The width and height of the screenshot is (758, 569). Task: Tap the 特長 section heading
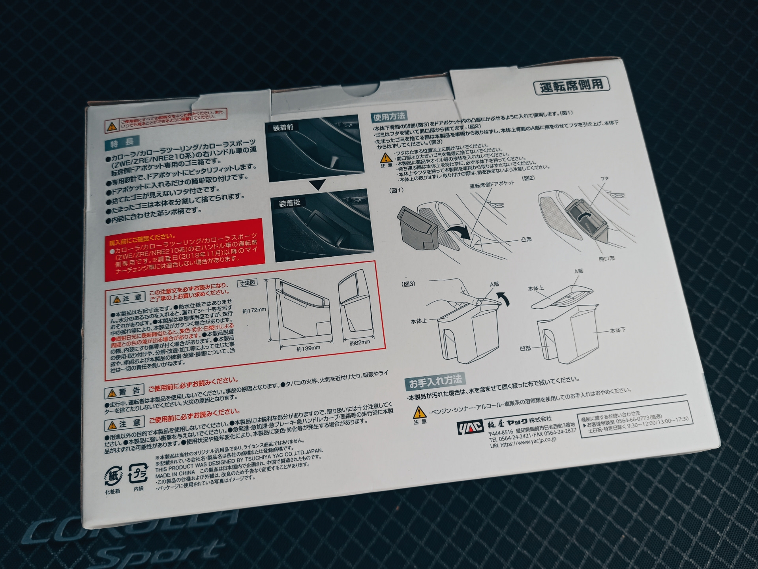pyautogui.click(x=122, y=143)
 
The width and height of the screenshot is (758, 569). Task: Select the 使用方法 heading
pyautogui.click(x=389, y=116)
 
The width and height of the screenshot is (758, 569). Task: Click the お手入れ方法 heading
pyautogui.click(x=435, y=381)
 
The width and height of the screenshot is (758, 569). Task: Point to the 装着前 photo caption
pyautogui.click(x=283, y=128)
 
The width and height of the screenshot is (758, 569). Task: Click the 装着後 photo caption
pyautogui.click(x=289, y=203)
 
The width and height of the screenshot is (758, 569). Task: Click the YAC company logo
pyautogui.click(x=470, y=427)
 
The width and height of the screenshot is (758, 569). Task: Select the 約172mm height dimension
pyautogui.click(x=254, y=310)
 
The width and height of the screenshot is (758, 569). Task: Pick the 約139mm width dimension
pyautogui.click(x=308, y=348)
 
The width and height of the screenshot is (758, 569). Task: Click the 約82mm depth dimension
pyautogui.click(x=360, y=342)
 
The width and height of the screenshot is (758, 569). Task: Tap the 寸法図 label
pyautogui.click(x=247, y=283)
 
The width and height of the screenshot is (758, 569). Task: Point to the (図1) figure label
pyautogui.click(x=396, y=190)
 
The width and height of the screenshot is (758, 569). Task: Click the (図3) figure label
pyautogui.click(x=408, y=284)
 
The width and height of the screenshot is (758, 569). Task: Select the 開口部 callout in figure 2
pyautogui.click(x=606, y=259)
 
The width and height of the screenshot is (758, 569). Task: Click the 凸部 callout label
pyautogui.click(x=526, y=239)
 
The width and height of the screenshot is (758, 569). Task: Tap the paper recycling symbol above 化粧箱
pyautogui.click(x=113, y=476)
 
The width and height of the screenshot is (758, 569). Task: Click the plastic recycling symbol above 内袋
pyautogui.click(x=138, y=473)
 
